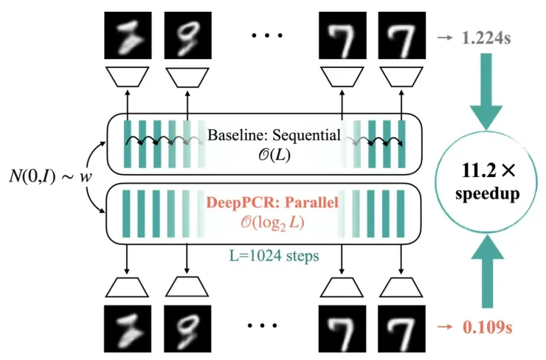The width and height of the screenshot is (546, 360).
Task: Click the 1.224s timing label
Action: tap(486, 38)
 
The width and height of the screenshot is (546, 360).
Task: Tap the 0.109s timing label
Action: tap(488, 327)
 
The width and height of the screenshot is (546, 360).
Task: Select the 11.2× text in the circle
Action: tap(488, 170)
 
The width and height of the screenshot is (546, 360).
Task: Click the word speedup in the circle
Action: tap(488, 193)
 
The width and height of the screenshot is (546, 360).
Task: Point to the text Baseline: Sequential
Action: tap(274, 135)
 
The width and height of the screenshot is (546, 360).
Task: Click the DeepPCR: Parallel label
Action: tap(272, 202)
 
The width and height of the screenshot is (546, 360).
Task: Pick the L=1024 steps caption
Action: tap(274, 256)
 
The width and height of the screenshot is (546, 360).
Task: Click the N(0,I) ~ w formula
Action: tap(50, 177)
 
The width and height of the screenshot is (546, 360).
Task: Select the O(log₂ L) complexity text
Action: tap(273, 223)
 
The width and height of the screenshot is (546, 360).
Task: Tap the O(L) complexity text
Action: tap(274, 155)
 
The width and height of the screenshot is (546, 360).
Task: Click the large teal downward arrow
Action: tap(486, 91)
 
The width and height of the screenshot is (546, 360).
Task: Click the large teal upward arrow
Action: tap(488, 271)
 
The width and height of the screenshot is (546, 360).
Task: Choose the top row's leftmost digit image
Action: tap(128, 35)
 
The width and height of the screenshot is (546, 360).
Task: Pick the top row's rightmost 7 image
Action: tap(402, 35)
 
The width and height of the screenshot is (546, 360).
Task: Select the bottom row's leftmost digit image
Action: tap(128, 329)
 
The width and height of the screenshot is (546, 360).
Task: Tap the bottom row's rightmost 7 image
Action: tap(401, 329)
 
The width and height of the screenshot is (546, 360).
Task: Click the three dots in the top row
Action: tap(267, 35)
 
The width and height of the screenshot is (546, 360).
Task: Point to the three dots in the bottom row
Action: tap(262, 325)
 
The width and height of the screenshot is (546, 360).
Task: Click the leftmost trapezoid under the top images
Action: tap(128, 77)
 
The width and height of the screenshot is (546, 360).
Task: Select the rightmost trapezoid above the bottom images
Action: tap(401, 287)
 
